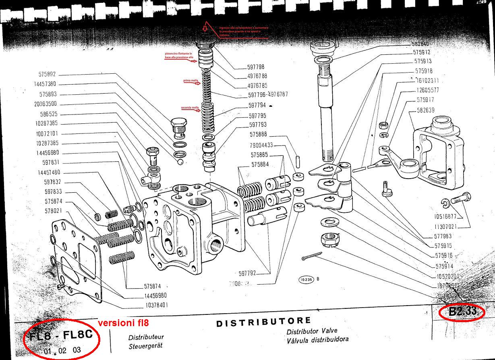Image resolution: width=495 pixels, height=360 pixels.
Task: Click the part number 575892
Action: pyautogui.click(x=47, y=75)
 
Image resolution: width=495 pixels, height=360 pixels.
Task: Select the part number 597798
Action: pyautogui.click(x=256, y=67)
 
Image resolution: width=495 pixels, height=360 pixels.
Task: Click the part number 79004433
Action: pyautogui.click(x=261, y=145)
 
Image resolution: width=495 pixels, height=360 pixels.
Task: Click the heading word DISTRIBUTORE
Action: pyautogui.click(x=263, y=322)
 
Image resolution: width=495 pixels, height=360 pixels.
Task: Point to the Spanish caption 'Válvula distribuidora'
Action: pyautogui.click(x=317, y=340)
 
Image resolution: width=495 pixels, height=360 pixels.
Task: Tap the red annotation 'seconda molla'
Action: pyautogui.click(x=190, y=108)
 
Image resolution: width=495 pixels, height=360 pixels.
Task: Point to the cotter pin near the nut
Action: pyautogui.click(x=312, y=256)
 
